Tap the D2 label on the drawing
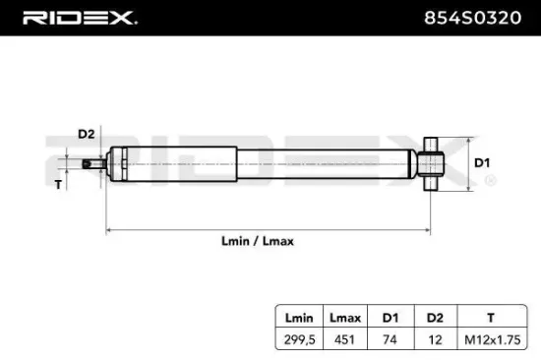pos(86,134)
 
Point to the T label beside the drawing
pos(57,184)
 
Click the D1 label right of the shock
pos(483,162)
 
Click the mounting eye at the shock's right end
pos(432,163)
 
